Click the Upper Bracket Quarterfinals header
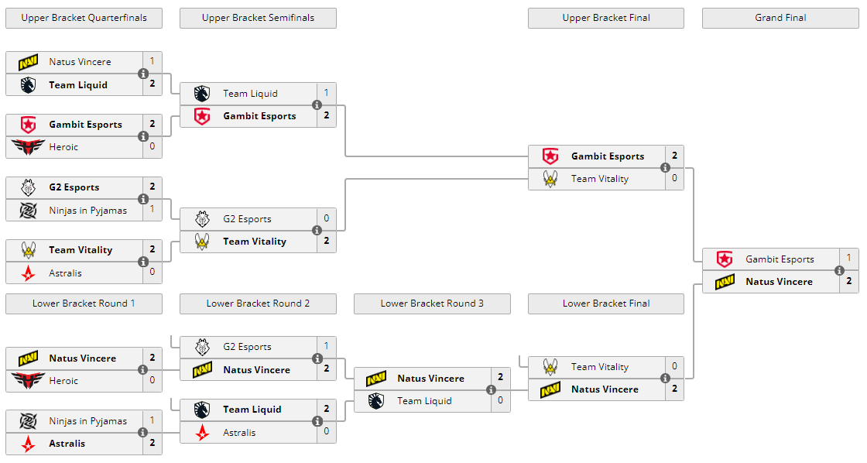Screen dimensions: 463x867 pos(84,18)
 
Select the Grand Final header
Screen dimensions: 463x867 pos(780,18)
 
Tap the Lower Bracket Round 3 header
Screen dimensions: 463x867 pos(432,304)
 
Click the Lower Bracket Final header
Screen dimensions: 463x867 pos(606,304)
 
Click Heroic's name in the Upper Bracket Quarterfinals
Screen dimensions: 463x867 pos(63,147)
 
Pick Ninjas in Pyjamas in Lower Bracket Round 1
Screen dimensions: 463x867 pos(87,421)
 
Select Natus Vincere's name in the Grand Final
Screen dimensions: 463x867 pos(779,282)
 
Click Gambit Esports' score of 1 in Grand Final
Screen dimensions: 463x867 pos(848,259)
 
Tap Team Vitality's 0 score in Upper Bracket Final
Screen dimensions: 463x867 pos(674,179)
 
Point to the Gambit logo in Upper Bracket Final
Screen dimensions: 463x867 pos(550,156)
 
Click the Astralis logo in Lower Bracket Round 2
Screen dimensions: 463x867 pos(202,433)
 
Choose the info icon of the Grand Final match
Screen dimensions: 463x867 pos(839,270)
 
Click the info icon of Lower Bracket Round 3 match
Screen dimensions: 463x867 pos(491,389)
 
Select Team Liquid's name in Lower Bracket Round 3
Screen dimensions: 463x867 pos(426,401)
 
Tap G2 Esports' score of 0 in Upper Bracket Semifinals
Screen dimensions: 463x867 pos(326,219)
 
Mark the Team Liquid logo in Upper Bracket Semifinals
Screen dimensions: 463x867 pos(202,94)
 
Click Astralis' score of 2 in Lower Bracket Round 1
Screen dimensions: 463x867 pos(152,444)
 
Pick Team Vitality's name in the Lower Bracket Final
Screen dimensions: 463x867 pos(600,367)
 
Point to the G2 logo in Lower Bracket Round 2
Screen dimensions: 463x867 pos(202,347)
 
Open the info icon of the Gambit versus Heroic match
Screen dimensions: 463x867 pos(143,136)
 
